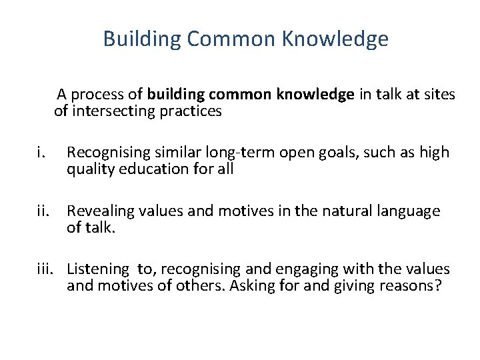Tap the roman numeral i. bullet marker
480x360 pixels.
point(41,153)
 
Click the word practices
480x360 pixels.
point(191,111)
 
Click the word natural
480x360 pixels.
point(339,211)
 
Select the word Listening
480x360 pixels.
point(97,269)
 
